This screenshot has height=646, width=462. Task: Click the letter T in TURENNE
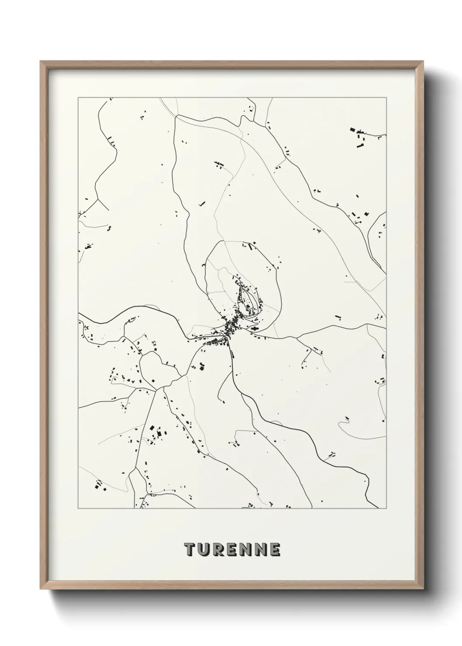tap(190, 550)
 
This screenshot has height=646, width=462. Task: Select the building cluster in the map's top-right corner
tap(360, 137)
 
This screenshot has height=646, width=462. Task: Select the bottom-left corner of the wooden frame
tap(41, 588)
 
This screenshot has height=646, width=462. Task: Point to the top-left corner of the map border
tap(78, 98)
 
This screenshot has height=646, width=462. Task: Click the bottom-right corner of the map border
tap(386, 509)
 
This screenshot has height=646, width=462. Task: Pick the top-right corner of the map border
tap(386, 98)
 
